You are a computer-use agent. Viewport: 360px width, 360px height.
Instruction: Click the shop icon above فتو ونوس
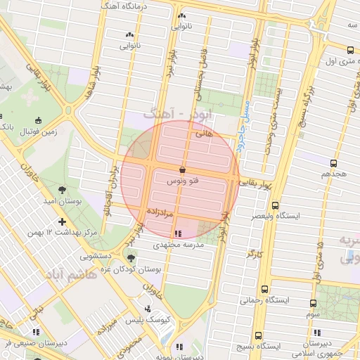click(x=183, y=169)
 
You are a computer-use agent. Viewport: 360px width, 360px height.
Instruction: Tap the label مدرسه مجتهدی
click(x=179, y=245)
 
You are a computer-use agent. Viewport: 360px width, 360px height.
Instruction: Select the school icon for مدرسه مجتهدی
click(x=177, y=233)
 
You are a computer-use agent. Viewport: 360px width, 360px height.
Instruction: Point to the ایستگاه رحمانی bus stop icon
click(x=264, y=289)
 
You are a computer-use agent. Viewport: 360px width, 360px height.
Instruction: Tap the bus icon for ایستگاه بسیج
click(x=258, y=335)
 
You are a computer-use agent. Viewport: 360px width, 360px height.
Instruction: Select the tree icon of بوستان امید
click(x=63, y=190)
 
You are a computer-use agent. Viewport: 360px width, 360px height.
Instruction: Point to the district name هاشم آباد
click(x=70, y=274)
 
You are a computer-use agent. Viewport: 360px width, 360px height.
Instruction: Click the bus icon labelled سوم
click(x=313, y=304)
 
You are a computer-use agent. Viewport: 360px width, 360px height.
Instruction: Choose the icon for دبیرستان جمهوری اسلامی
click(x=317, y=333)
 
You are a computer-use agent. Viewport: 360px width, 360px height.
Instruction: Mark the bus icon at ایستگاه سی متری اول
click(x=350, y=50)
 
